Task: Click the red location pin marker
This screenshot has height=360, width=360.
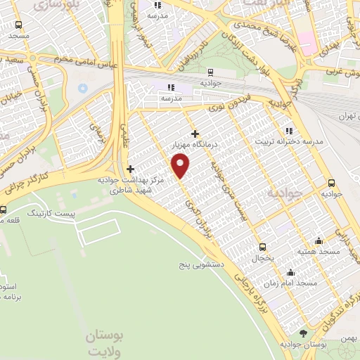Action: coord(181,165)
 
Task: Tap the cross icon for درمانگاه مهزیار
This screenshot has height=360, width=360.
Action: coord(195,134)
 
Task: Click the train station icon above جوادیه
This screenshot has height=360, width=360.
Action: coord(210,72)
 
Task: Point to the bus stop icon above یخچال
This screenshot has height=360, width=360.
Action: coord(262,246)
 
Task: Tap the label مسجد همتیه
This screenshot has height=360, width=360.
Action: coord(319,251)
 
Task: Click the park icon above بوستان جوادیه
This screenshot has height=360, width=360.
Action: coord(304,333)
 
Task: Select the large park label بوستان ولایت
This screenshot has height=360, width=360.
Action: coord(105,344)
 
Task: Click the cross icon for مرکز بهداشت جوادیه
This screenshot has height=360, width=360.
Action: coord(130,169)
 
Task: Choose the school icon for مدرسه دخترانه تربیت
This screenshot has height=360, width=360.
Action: coord(288,131)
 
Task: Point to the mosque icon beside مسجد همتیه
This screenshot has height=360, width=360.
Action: coord(319,240)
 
